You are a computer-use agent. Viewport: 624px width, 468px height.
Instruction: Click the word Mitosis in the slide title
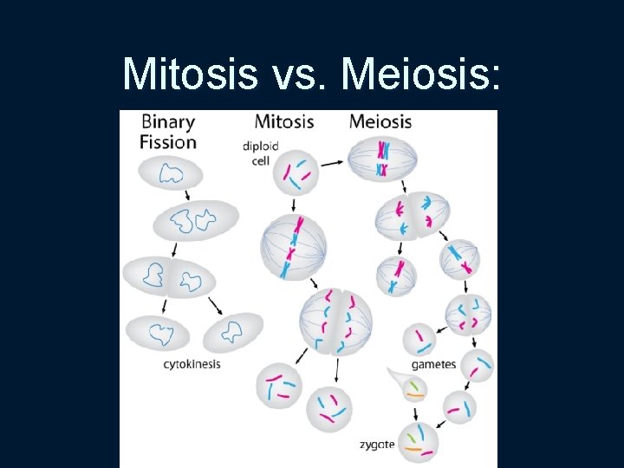click(190, 75)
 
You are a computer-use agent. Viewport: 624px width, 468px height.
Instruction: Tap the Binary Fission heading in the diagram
click(168, 132)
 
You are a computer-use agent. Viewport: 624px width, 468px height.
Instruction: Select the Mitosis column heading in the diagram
click(284, 121)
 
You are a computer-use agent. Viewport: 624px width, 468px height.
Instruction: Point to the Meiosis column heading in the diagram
click(380, 121)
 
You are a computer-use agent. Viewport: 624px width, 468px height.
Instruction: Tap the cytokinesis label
click(192, 364)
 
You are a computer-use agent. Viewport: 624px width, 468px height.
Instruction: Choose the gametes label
click(433, 364)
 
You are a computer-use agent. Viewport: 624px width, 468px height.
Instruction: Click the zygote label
click(377, 445)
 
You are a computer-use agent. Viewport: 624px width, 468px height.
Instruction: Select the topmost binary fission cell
click(171, 173)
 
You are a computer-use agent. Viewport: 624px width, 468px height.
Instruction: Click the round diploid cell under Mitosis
click(292, 173)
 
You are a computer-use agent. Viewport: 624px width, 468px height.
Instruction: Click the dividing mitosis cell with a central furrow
click(335, 322)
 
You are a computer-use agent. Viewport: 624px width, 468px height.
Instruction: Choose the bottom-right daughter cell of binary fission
click(231, 331)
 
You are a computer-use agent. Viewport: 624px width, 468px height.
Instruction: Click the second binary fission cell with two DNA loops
click(195, 222)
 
